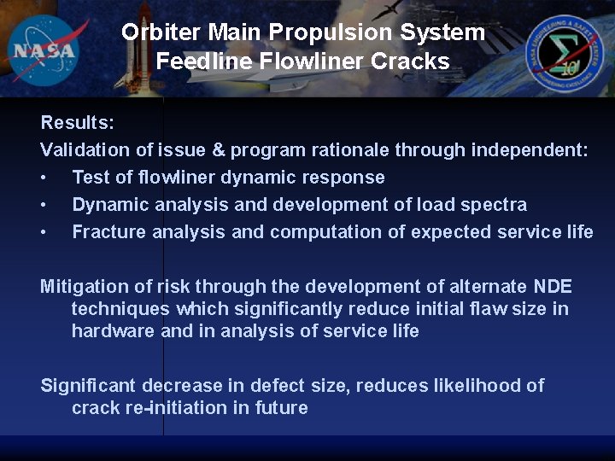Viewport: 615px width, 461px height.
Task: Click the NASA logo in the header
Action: (x=44, y=49)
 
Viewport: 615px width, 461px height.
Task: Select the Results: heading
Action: (x=77, y=123)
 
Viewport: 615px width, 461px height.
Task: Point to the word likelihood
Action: (x=464, y=386)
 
